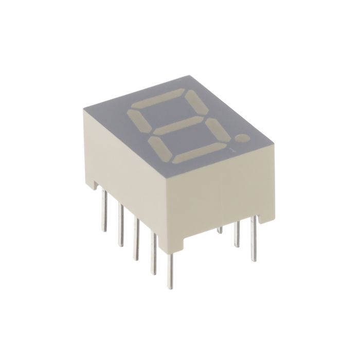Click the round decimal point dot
click(242, 138)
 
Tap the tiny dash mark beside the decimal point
click(232, 151)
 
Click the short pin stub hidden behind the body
click(219, 229)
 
